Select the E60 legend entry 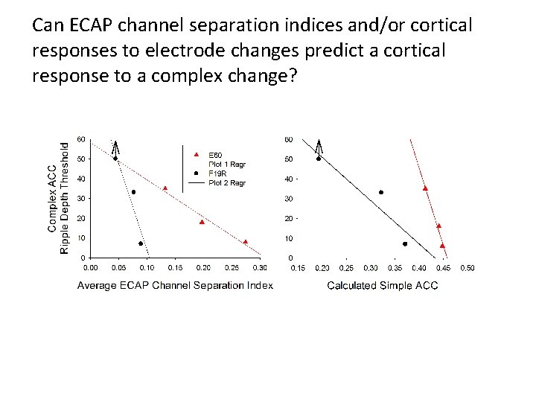pyautogui.click(x=215, y=155)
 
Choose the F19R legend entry pyautogui.click(x=217, y=173)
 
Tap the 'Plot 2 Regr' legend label pyautogui.click(x=226, y=183)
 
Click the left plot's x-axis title pyautogui.click(x=175, y=286)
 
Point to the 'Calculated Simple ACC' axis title pyautogui.click(x=383, y=286)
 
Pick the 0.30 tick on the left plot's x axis pyautogui.click(x=260, y=268)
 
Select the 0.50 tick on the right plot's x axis pyautogui.click(x=468, y=268)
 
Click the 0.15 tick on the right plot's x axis pyautogui.click(x=298, y=268)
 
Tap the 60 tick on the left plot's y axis pyautogui.click(x=80, y=139)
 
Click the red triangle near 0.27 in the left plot pyautogui.click(x=245, y=242)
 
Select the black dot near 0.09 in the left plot pyautogui.click(x=141, y=243)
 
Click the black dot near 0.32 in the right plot pyautogui.click(x=380, y=192)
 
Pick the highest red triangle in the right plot pyautogui.click(x=425, y=188)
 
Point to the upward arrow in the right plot pyautogui.click(x=319, y=147)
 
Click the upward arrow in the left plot pyautogui.click(x=116, y=147)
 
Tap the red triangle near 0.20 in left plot pyautogui.click(x=202, y=222)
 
